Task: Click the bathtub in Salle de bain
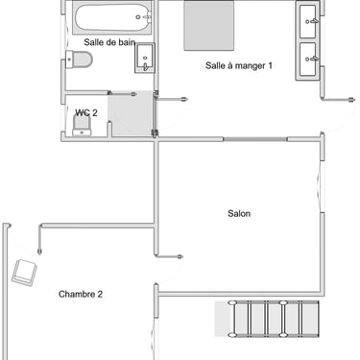pyautogui.click(x=111, y=17)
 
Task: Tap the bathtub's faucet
pyautogui.click(x=147, y=16)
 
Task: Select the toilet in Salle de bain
pyautogui.click(x=79, y=60)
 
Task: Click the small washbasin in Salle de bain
pyautogui.click(x=145, y=59)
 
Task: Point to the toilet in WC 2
pyautogui.click(x=82, y=125)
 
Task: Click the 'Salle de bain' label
pyautogui.click(x=109, y=42)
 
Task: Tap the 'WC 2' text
pyautogui.click(x=86, y=112)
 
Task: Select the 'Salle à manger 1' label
pyautogui.click(x=239, y=65)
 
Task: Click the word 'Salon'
pyautogui.click(x=239, y=213)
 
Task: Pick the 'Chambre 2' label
pyautogui.click(x=81, y=294)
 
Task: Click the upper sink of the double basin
pyautogui.click(x=308, y=21)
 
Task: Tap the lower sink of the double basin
pyautogui.click(x=308, y=60)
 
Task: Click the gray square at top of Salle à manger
pyautogui.click(x=209, y=26)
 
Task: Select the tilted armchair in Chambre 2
pyautogui.click(x=24, y=273)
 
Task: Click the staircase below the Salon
pyautogui.click(x=267, y=319)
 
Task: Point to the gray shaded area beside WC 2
pyautogui.click(x=131, y=113)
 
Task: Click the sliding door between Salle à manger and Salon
pyautogui.click(x=255, y=139)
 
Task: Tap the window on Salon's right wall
pyautogui.click(x=322, y=186)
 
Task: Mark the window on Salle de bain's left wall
pyautogui.click(x=65, y=37)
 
